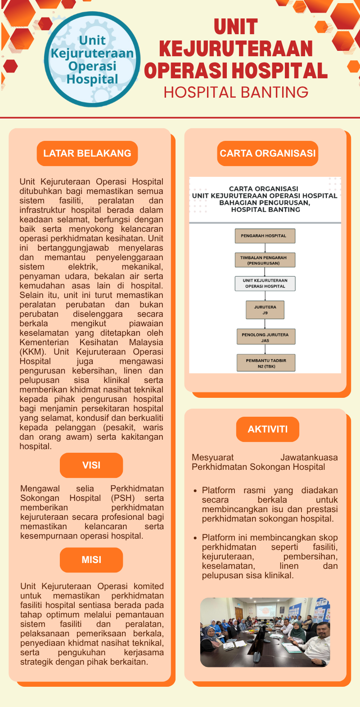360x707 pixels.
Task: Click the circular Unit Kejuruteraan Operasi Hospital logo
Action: (92, 59)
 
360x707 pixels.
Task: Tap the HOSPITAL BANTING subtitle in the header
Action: (236, 92)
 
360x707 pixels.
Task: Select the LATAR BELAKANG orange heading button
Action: (87, 153)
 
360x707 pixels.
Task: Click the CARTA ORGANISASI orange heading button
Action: (268, 153)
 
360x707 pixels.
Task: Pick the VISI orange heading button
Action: (91, 465)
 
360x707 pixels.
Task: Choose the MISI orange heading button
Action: (91, 560)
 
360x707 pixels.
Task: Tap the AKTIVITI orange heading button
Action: (267, 429)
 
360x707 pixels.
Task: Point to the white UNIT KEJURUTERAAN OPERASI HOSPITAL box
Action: (265, 283)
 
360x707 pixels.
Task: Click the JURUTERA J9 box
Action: (265, 310)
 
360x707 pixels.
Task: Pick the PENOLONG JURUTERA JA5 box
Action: (265, 338)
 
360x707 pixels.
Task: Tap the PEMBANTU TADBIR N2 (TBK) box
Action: (266, 363)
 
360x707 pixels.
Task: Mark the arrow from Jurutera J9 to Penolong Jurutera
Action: (265, 324)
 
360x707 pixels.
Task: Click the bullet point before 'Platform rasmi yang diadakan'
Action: (195, 491)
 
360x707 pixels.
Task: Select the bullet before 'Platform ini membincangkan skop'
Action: (195, 538)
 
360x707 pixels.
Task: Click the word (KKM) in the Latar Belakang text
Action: (32, 352)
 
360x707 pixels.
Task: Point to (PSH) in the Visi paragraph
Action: (123, 498)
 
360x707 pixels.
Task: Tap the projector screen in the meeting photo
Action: (266, 611)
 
